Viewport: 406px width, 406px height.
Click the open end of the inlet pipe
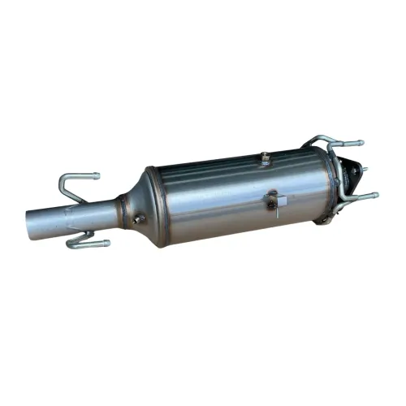(x=32, y=222)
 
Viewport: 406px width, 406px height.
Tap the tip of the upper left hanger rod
(x=97, y=175)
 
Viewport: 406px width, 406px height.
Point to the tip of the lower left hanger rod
(x=106, y=242)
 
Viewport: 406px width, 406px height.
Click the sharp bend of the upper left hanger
(x=63, y=178)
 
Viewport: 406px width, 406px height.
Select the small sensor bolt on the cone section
(x=140, y=218)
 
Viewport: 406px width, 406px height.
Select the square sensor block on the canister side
(x=276, y=199)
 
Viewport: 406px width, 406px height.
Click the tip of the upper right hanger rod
(x=361, y=143)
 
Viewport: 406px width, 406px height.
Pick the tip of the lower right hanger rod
(x=374, y=195)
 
